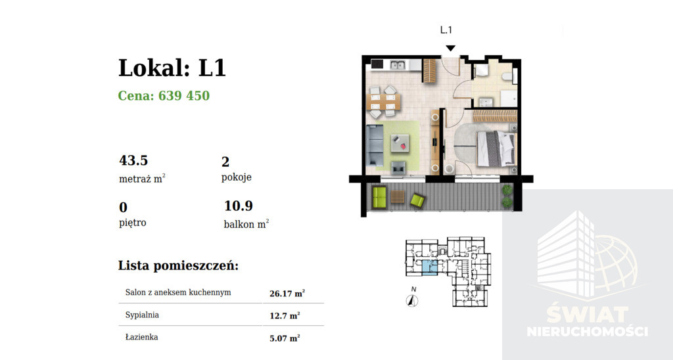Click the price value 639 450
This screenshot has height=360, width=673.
point(184,95)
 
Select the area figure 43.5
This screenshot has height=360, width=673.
point(133,160)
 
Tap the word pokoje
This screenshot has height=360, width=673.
point(237,177)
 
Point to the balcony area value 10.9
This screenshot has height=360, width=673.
point(239,206)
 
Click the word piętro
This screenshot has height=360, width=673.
point(133,223)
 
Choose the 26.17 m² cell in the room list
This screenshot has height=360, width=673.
point(287,294)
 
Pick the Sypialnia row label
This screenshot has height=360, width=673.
point(142,315)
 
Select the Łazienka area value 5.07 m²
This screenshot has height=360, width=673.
point(285,338)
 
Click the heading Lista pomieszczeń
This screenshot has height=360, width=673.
point(178,265)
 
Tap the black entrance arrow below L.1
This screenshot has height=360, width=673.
point(450,48)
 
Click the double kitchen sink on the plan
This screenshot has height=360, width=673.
point(398,65)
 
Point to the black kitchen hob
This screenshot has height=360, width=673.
point(377,64)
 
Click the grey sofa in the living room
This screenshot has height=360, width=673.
point(374,145)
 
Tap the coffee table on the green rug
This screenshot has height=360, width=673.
point(400,144)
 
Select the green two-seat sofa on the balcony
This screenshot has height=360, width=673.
point(379,198)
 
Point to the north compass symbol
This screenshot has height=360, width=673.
point(412,301)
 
